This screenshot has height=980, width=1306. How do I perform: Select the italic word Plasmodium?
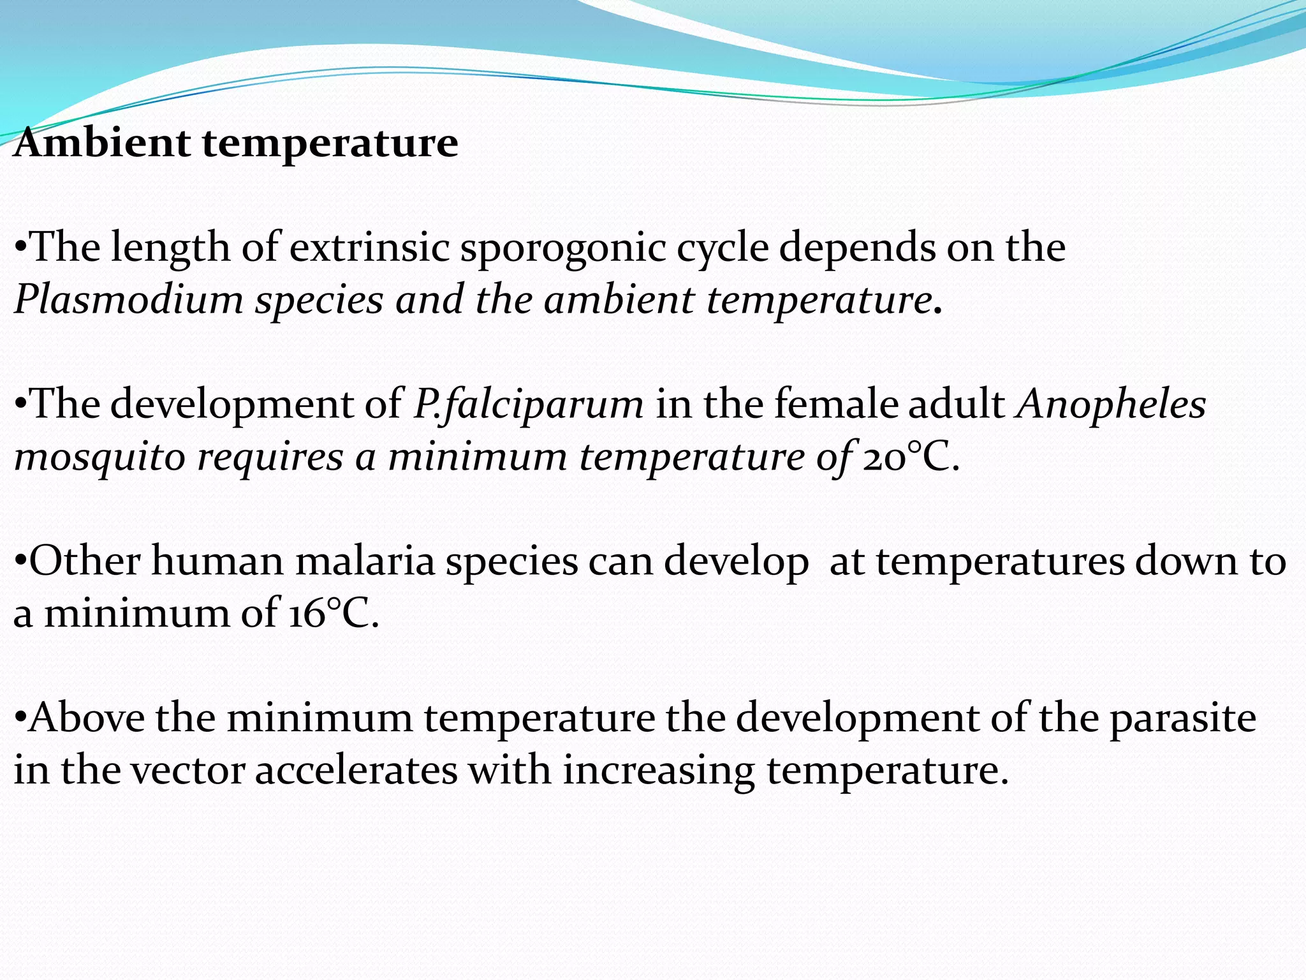click(x=128, y=300)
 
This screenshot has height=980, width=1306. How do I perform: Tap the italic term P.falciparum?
click(x=528, y=405)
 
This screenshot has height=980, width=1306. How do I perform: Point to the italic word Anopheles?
click(x=1112, y=405)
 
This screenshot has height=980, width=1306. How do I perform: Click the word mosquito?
click(x=99, y=458)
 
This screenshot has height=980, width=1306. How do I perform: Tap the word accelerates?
click(x=356, y=771)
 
